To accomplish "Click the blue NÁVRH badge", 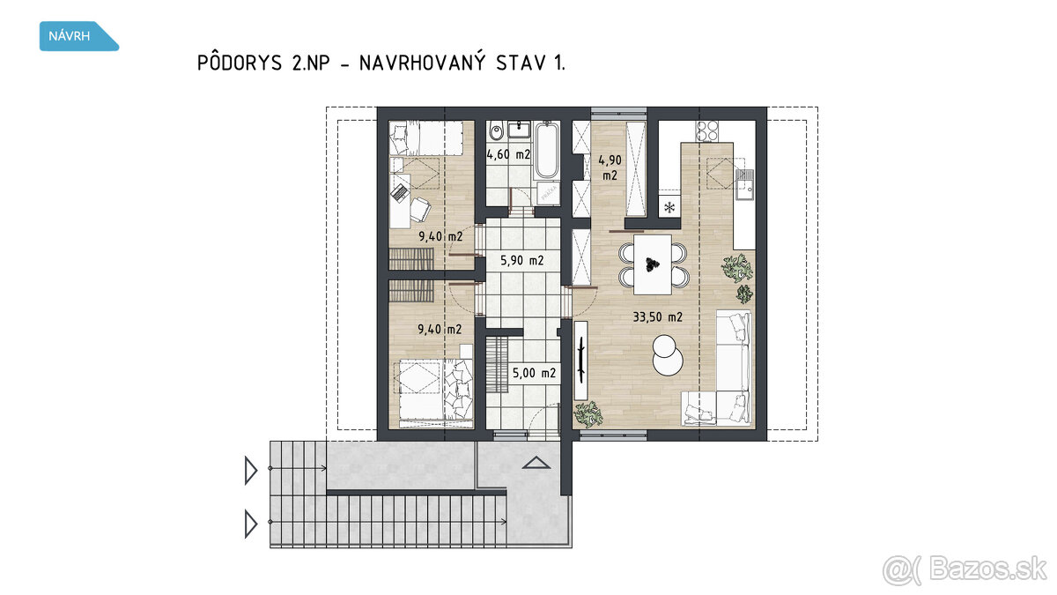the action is tap(78, 36).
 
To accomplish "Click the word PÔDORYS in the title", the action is tap(240, 63).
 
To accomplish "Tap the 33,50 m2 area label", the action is tap(657, 316).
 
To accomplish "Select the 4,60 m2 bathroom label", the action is tap(508, 154).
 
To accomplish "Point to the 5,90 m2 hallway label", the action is tap(521, 260).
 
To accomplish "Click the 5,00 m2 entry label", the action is tap(534, 373).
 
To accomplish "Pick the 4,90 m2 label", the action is tap(610, 167).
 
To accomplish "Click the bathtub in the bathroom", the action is tap(547, 150).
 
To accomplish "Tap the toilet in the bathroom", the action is tap(496, 130).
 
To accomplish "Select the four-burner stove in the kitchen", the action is tap(706, 131).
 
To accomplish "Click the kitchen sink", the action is tap(744, 185).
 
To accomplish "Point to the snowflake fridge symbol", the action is tap(669, 207).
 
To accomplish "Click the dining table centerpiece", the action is tap(653, 265).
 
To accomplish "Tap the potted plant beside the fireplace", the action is tap(588, 414).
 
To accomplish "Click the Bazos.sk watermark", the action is tap(965, 570).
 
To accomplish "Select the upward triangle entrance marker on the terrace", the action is tap(536, 463).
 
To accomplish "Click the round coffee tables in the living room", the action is tap(668, 355).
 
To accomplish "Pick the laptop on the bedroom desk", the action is tap(401, 192).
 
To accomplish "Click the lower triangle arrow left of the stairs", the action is tap(250, 524).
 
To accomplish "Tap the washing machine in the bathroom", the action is tap(548, 193).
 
